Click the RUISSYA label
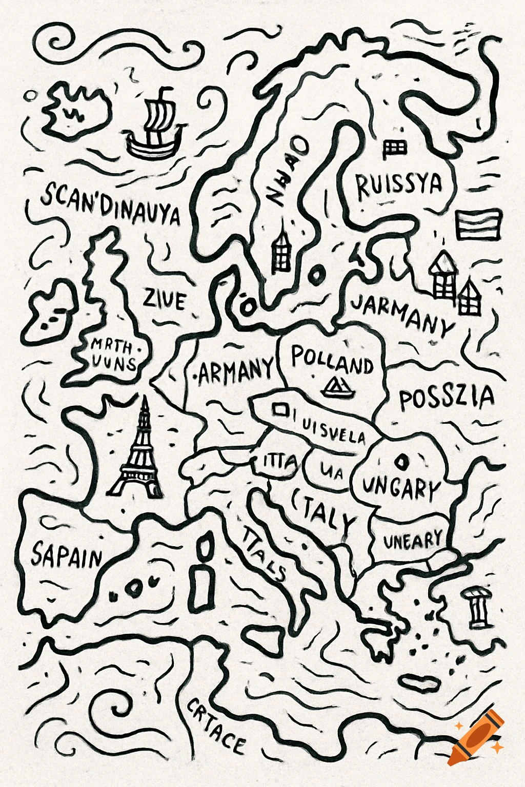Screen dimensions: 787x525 click(399, 185)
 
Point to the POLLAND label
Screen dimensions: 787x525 click(332, 360)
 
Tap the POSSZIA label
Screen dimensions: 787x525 click(446, 399)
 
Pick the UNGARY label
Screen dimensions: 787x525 click(401, 488)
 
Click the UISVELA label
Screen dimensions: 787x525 click(333, 431)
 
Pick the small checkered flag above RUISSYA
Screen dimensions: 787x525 click(395, 149)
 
